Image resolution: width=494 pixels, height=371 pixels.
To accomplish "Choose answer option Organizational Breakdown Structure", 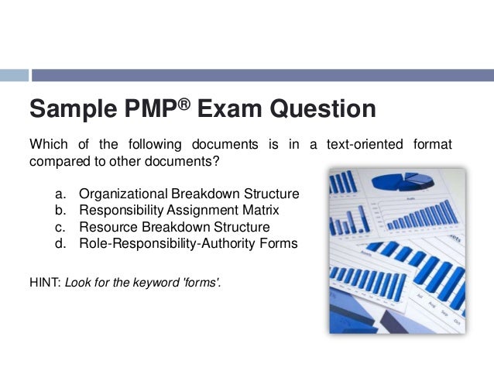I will click(x=189, y=193).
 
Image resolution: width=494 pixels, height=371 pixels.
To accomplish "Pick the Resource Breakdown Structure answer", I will click(x=174, y=227).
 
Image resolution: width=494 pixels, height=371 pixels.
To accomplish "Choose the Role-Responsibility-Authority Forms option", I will click(x=188, y=244).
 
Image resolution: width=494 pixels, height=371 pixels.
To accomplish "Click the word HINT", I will click(x=44, y=283).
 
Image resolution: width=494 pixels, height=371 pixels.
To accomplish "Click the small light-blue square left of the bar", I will click(x=14, y=75).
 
